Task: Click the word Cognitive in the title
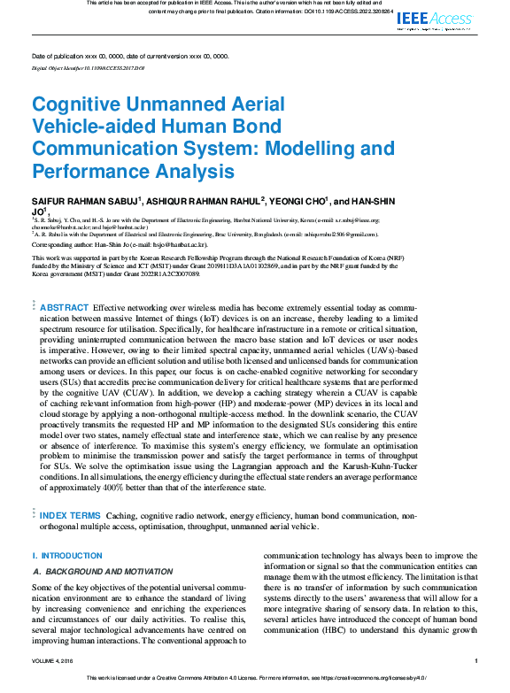click(74, 104)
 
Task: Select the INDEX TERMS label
click(70, 514)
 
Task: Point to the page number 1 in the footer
click(476, 660)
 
